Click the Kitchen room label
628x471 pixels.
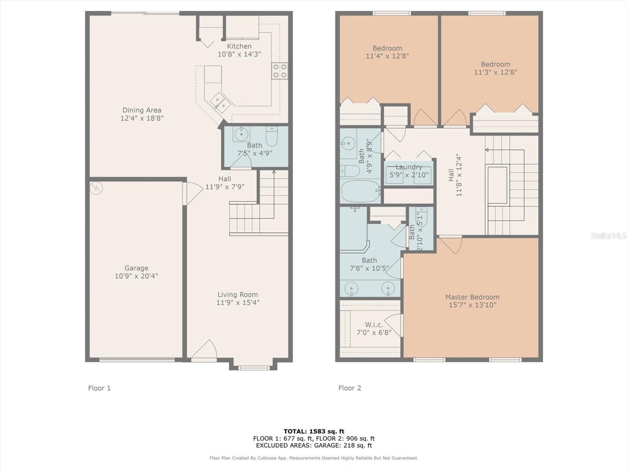(239, 46)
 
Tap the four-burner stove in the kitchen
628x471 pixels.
(280, 71)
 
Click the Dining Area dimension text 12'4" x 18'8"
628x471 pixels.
(142, 118)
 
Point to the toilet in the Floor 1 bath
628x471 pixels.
(272, 136)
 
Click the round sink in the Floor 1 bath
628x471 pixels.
(241, 133)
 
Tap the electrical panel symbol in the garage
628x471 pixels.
(96, 188)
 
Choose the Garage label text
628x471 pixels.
(136, 268)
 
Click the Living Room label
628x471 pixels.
(237, 294)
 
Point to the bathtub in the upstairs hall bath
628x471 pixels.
(360, 191)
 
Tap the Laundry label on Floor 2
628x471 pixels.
(409, 167)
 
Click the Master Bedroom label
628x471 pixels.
(472, 297)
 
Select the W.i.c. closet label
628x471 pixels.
(374, 325)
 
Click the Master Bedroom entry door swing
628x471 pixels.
(450, 245)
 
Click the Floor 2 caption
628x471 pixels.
(350, 388)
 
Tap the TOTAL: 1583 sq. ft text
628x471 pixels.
(314, 431)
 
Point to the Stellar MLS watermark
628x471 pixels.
(608, 235)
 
